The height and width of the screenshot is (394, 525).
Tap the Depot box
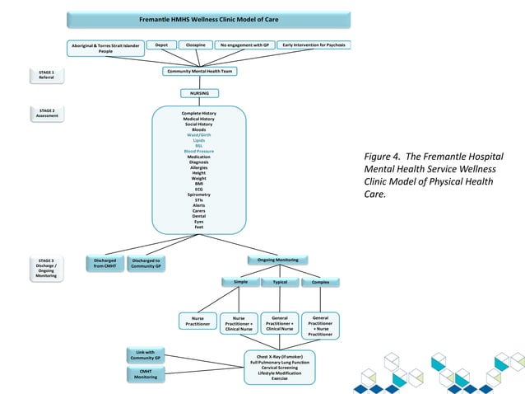coord(162,45)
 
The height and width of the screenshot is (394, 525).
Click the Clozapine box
coord(196,45)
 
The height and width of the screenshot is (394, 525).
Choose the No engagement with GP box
coord(244,45)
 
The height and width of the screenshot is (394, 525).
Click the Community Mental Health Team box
coord(200,72)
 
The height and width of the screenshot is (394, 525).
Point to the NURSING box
coord(200,93)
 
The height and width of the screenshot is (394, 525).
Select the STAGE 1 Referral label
coord(47,75)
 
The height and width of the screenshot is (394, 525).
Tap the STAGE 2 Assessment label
coord(47,113)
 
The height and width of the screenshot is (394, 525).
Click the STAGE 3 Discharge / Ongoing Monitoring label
coord(47,269)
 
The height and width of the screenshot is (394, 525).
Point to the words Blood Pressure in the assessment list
coord(199,152)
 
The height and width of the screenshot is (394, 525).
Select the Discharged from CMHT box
coord(105,263)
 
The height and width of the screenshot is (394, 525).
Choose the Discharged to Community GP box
coord(146,263)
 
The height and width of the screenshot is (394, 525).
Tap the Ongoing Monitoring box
coord(278,260)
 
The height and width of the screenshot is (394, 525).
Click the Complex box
coord(321,283)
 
